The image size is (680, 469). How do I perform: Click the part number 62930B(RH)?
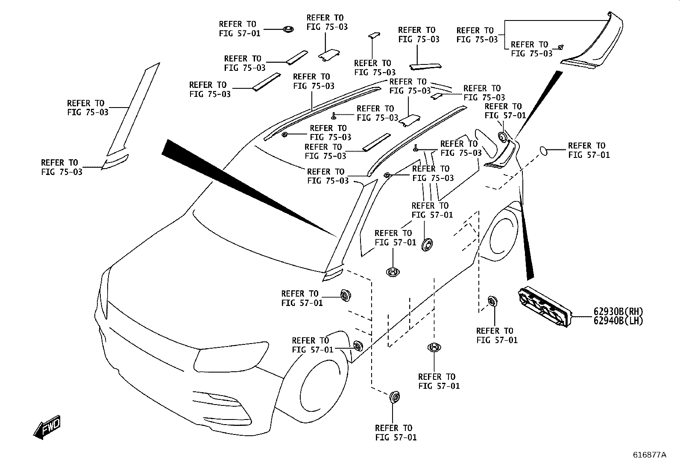[x=618, y=312]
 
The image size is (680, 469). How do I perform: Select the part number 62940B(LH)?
[x=618, y=320]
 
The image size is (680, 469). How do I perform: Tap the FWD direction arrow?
[x=47, y=427]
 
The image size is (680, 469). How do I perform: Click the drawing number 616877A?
[x=649, y=455]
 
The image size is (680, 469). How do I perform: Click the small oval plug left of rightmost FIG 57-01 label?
[x=543, y=151]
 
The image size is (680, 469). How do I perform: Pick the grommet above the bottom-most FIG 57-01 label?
[x=394, y=397]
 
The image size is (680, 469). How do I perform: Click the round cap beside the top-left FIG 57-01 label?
[x=288, y=29]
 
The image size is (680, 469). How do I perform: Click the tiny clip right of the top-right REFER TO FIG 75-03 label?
[x=561, y=47]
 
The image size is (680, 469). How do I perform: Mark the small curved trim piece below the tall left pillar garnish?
[x=116, y=162]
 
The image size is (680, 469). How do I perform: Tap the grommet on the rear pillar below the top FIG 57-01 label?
[x=503, y=137]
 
